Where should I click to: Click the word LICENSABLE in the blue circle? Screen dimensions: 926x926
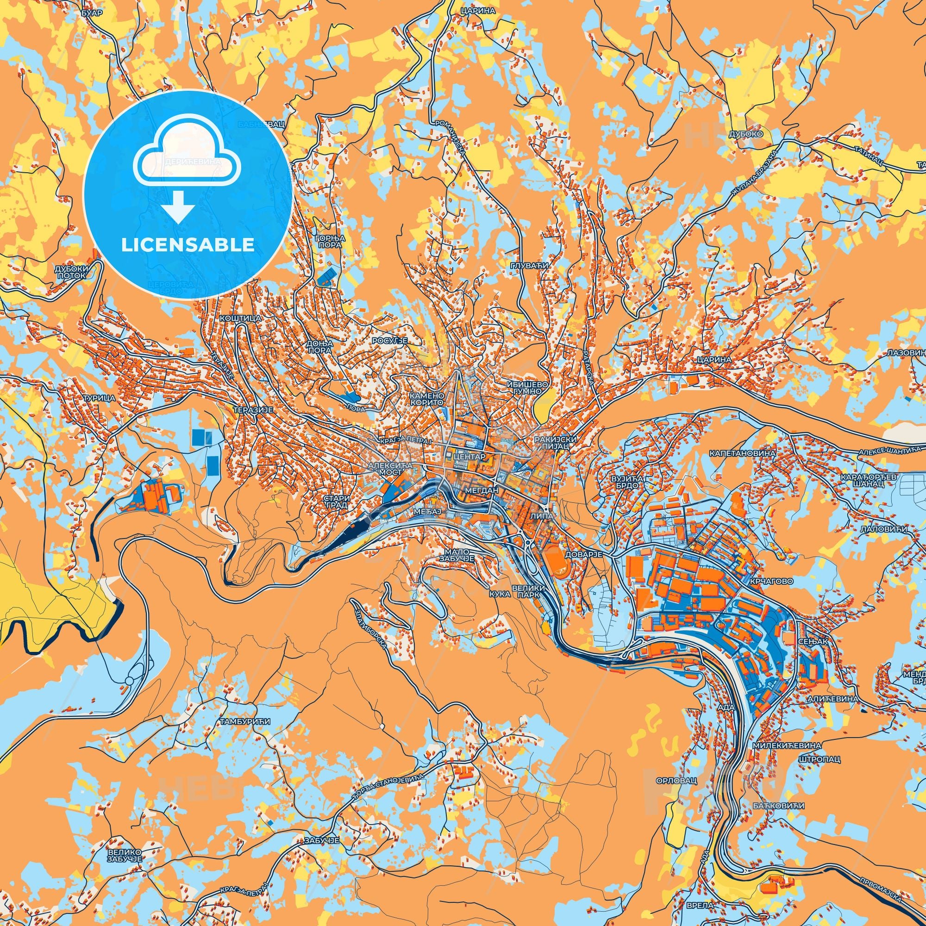(188, 245)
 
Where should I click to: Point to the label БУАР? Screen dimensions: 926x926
(92, 13)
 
